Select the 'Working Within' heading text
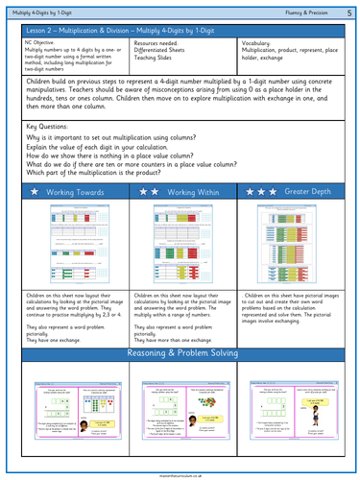click(x=188, y=192)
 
